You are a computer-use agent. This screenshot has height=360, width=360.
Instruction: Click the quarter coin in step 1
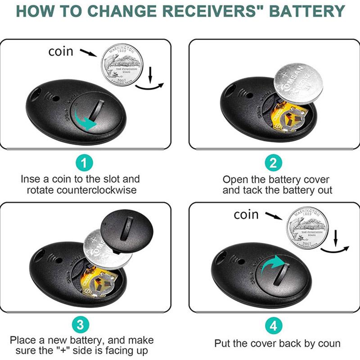pos(121,64)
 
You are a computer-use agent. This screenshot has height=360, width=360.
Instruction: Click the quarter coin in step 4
pos(308,227)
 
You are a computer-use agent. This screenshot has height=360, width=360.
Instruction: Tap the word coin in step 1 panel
pos(60,52)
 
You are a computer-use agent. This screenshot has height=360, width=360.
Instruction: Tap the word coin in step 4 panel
pos(246,215)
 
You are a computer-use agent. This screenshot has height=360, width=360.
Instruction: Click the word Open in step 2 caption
pos(237,179)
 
